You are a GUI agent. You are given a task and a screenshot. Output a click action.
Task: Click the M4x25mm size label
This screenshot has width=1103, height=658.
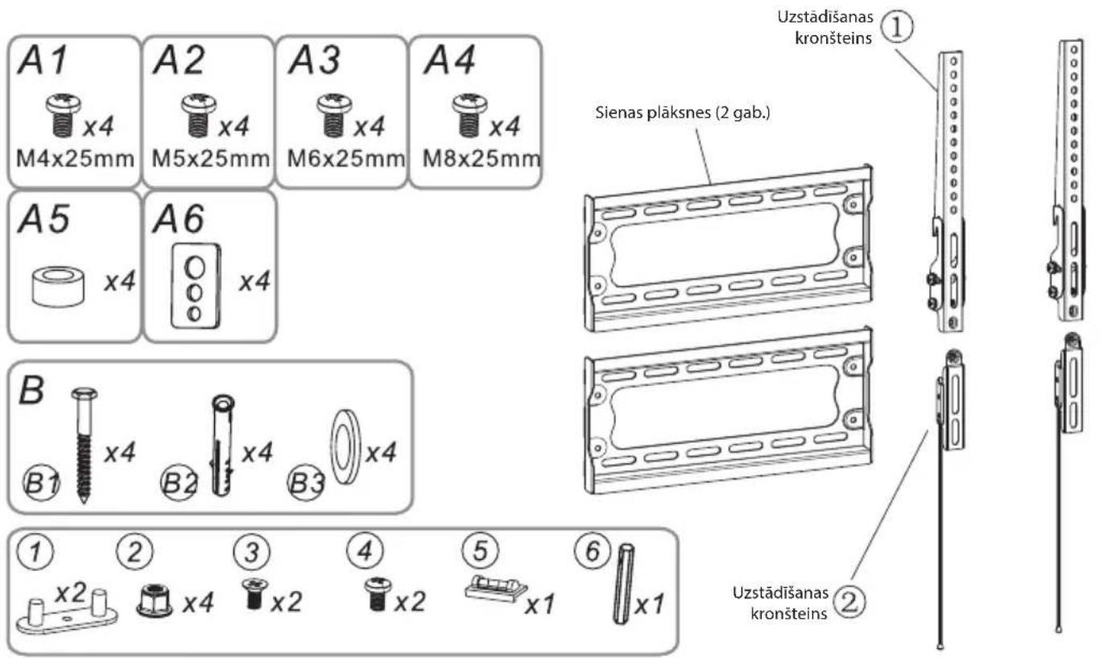point(75,159)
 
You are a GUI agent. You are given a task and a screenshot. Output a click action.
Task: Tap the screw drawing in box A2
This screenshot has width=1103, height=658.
point(198,115)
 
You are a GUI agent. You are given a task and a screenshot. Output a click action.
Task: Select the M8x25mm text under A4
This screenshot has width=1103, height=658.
point(481,159)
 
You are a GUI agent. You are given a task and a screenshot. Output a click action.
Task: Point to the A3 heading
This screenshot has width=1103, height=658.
point(314,60)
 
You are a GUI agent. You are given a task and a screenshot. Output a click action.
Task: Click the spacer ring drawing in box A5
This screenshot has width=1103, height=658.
point(58,287)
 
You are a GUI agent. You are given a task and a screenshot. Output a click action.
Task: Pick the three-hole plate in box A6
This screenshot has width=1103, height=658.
point(196,286)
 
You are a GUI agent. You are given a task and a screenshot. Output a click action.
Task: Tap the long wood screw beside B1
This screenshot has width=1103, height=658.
point(85,445)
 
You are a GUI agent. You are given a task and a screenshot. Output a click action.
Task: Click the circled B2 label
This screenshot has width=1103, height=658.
point(179,482)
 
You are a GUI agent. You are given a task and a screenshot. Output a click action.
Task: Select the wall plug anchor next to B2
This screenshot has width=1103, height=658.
point(222,445)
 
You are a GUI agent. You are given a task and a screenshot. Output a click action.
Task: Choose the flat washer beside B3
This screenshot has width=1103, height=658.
point(345,446)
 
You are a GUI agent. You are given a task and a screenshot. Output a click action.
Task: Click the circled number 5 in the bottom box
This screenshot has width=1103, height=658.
point(480,550)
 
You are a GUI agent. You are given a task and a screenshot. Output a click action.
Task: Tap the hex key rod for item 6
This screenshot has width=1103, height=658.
point(623,584)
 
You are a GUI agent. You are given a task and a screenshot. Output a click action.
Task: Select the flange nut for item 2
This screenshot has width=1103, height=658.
point(155,600)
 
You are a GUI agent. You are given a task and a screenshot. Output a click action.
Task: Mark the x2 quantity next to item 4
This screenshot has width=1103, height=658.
point(410,602)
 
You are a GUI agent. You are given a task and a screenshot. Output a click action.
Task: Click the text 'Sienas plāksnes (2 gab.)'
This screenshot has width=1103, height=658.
point(683,113)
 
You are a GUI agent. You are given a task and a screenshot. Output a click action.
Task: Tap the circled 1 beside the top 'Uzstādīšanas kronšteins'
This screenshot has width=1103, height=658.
point(896,27)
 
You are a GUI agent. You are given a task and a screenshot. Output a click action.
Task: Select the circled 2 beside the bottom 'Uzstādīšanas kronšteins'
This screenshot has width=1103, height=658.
point(849,602)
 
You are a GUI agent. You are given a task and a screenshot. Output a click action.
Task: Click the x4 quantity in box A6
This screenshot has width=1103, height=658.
point(254,282)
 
